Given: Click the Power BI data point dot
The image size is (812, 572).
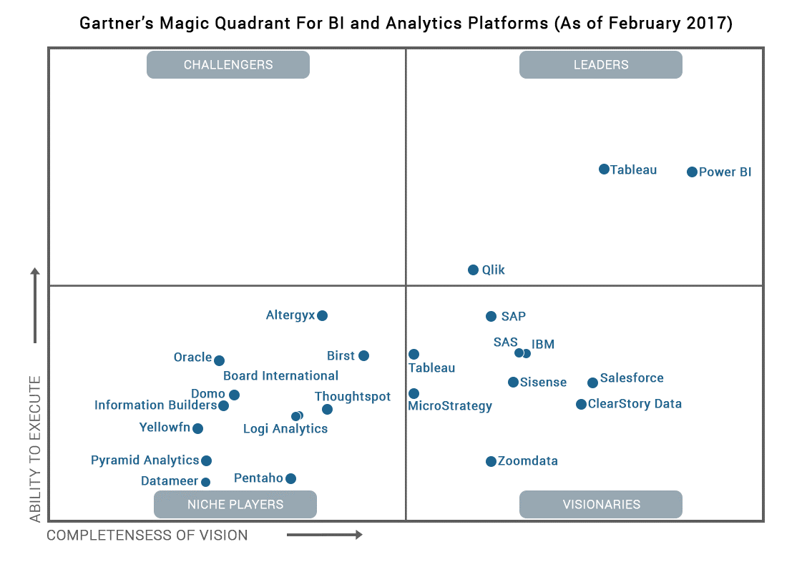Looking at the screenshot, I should point(692,172).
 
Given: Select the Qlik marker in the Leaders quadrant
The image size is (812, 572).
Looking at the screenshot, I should point(473,270).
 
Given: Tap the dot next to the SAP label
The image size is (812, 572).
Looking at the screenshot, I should point(491,316).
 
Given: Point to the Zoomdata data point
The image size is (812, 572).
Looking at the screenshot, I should point(491,461).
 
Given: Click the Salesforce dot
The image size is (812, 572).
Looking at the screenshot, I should point(592,383).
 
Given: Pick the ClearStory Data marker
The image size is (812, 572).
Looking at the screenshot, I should point(581,404).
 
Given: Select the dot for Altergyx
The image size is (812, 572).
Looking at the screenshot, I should point(322,315).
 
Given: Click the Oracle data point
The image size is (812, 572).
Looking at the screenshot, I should point(219,360).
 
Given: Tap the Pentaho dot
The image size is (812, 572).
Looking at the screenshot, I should point(290,478).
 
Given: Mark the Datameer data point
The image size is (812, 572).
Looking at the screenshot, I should point(205,482).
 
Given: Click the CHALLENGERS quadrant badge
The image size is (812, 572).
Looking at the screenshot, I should point(228,64).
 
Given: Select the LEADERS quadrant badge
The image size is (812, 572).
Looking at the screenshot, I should point(601,64).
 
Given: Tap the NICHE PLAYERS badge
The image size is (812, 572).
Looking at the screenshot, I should point(235,504).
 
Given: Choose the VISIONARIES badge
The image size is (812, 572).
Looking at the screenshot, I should point(601,504).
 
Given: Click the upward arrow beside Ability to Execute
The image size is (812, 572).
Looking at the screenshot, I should point(34,306).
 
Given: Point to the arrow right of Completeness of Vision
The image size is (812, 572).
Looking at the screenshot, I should point(325,535).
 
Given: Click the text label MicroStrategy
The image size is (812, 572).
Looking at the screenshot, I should point(449,406).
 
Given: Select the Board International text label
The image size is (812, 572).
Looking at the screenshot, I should point(280,375).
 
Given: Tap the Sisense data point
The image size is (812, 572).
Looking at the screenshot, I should point(513,382).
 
